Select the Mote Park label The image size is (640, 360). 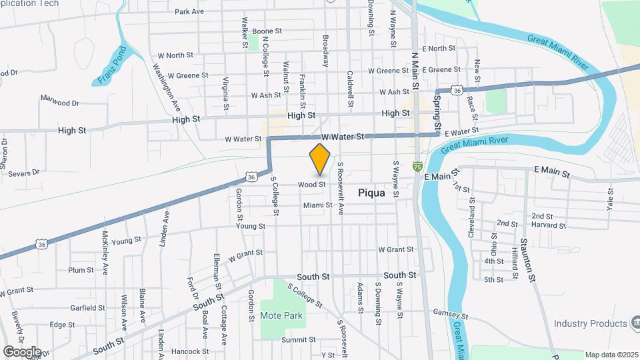(281, 315)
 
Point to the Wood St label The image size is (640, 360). (311, 184)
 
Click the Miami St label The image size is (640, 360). (317, 205)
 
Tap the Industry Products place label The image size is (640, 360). (591, 324)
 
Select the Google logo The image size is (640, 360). (21, 351)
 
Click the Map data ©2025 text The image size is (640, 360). (611, 355)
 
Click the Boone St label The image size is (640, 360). (267, 31)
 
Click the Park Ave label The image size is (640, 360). (189, 11)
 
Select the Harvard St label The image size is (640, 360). (549, 226)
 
